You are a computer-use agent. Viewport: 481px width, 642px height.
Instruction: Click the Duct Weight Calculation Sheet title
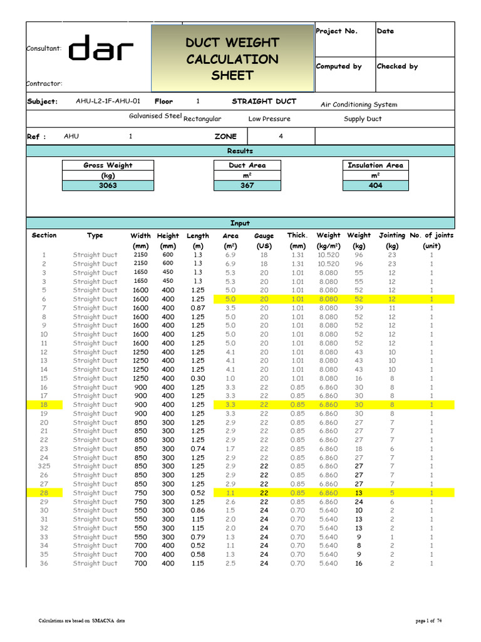click(x=232, y=59)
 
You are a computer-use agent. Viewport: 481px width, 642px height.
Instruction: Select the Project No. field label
click(x=336, y=31)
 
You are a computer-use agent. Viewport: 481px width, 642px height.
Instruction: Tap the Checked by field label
click(x=397, y=66)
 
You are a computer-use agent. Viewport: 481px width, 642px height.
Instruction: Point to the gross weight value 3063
click(x=108, y=186)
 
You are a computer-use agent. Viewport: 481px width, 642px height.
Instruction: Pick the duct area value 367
click(x=247, y=186)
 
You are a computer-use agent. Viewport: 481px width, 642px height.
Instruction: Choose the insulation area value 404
click(x=375, y=186)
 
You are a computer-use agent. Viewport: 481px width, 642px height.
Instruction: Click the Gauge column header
click(x=264, y=236)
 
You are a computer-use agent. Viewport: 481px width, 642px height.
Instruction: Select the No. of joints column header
click(x=432, y=236)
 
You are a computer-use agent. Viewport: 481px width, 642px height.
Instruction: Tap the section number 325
click(x=44, y=466)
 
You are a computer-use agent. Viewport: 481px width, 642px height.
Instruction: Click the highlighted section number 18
click(x=44, y=405)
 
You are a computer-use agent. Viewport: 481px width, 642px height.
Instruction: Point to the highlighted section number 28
click(x=44, y=493)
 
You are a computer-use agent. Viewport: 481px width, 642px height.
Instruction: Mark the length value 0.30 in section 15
click(x=197, y=379)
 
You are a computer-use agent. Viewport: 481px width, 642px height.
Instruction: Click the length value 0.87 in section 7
click(x=197, y=308)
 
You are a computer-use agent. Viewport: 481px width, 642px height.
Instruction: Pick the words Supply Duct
click(x=363, y=119)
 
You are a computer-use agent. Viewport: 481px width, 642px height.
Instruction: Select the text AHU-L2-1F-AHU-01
click(x=108, y=102)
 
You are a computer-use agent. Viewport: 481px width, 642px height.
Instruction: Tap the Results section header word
click(x=240, y=151)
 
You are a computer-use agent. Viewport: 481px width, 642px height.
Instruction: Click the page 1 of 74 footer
click(x=429, y=621)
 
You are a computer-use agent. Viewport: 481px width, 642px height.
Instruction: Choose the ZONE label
click(x=225, y=136)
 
